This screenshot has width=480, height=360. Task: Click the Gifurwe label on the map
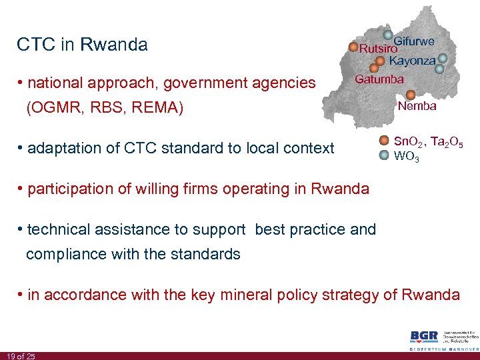pyautogui.click(x=414, y=41)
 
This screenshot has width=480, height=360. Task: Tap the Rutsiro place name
pyautogui.click(x=378, y=49)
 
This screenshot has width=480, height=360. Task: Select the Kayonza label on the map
pyautogui.click(x=412, y=61)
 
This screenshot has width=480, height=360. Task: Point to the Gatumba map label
pyautogui.click(x=379, y=79)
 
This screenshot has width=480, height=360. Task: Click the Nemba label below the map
pyautogui.click(x=417, y=106)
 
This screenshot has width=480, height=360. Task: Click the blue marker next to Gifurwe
pyautogui.click(x=388, y=36)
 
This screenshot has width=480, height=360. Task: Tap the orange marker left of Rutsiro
pyautogui.click(x=353, y=48)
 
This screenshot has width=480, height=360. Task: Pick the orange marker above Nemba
pyautogui.click(x=410, y=95)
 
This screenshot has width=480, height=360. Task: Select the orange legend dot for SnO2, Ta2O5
pyautogui.click(x=384, y=141)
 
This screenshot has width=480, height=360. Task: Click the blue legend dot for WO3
pyautogui.click(x=384, y=156)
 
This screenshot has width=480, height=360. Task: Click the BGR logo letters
pyautogui.click(x=424, y=337)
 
